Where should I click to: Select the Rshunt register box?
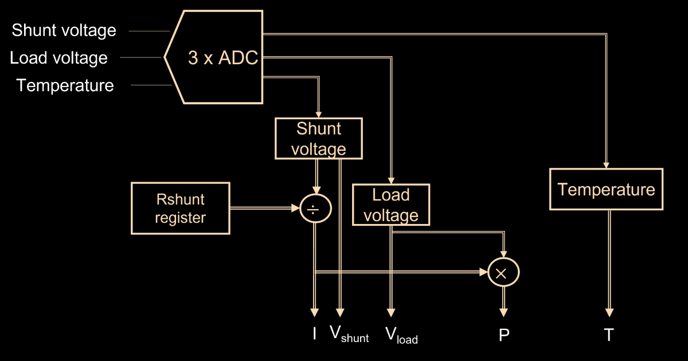pyautogui.click(x=180, y=208)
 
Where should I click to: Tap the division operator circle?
pyautogui.click(x=315, y=210)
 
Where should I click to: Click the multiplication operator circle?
pyautogui.click(x=503, y=273)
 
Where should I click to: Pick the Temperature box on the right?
pyautogui.click(x=606, y=189)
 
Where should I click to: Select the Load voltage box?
pyautogui.click(x=391, y=205)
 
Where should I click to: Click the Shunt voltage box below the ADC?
pyautogui.click(x=319, y=138)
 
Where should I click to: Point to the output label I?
pyautogui.click(x=314, y=333)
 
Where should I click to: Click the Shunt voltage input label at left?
pyautogui.click(x=64, y=30)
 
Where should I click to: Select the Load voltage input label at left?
pyautogui.click(x=58, y=58)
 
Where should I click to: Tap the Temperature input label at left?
pyautogui.click(x=65, y=86)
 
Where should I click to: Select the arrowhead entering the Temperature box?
pyautogui.click(x=606, y=164)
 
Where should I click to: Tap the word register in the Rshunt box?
pyautogui.click(x=180, y=218)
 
